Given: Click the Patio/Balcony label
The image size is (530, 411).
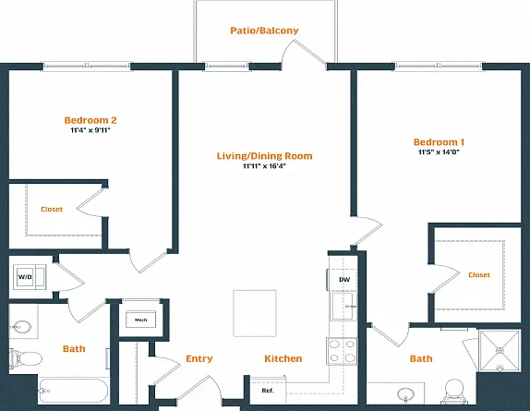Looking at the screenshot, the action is click(x=264, y=30).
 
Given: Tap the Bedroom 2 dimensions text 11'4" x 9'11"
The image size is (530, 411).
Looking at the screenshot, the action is click(x=90, y=130).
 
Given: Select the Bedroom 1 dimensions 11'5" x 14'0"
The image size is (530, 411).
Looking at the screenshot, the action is click(x=439, y=152).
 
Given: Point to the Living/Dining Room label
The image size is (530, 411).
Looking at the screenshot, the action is click(x=264, y=156).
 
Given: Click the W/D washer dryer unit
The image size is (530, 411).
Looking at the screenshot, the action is click(x=30, y=277).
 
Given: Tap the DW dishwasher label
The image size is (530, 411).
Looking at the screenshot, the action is click(x=344, y=280).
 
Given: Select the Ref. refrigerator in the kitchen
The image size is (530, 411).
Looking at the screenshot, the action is click(x=268, y=390).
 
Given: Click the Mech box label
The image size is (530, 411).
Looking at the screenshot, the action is click(x=141, y=320).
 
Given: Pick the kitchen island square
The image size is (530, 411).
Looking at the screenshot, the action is click(x=255, y=313).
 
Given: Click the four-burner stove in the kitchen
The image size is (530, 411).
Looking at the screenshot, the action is click(x=342, y=351).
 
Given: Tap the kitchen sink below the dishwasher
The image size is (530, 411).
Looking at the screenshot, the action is click(x=343, y=307).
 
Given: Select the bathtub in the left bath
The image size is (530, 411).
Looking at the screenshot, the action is click(x=73, y=391).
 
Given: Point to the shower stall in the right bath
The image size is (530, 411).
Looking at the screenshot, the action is click(x=500, y=350).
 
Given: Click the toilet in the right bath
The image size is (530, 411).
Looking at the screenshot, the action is click(x=454, y=391).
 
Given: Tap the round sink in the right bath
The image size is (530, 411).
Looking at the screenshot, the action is click(x=406, y=394).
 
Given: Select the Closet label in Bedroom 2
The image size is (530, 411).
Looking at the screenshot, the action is click(x=52, y=210).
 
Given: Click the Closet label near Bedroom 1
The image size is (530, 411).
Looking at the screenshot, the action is click(x=479, y=275).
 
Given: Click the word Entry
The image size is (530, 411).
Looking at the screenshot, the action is click(x=199, y=358).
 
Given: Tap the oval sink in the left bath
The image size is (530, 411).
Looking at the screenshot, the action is click(x=21, y=327).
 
